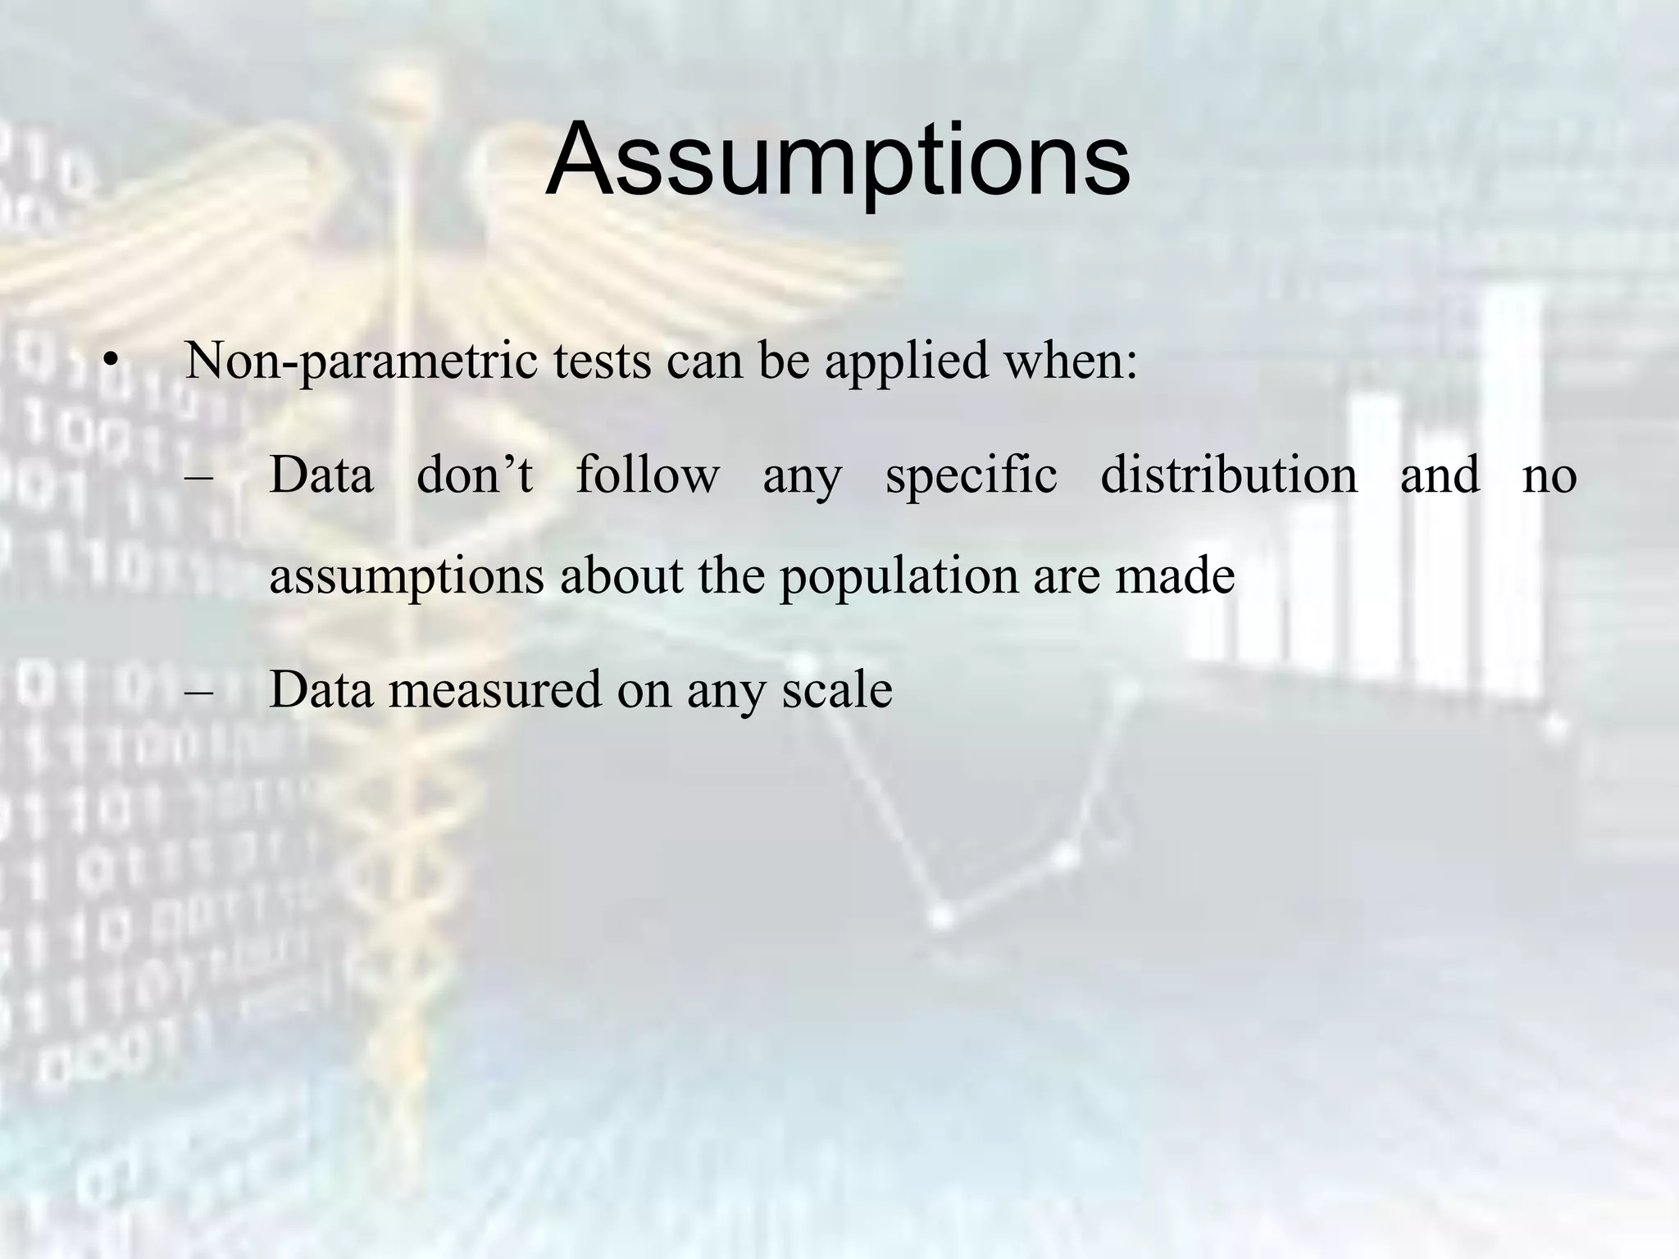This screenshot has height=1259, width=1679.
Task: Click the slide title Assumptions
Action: pos(838,160)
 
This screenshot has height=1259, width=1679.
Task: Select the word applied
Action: pos(906,361)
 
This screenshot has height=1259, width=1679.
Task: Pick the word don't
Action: pos(475,475)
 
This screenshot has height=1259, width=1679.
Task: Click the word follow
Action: pos(648,475)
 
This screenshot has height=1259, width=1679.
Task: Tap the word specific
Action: pos(971,476)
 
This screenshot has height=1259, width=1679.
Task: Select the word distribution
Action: pos(1228,475)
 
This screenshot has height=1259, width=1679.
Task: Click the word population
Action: pos(898,576)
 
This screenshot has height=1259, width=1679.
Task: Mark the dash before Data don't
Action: pos(198,476)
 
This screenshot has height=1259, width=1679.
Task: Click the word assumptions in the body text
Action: pos(407,576)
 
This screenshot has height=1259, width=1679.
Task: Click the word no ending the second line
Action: pos(1549,476)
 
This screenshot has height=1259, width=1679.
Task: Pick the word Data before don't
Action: pos(321,475)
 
